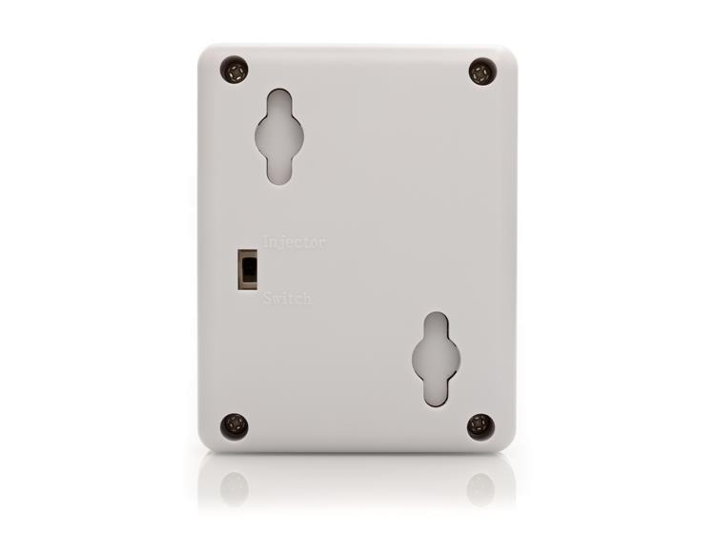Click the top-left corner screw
point(235,71)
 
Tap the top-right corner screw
point(483,72)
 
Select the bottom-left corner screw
point(235,425)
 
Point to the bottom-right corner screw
point(481,426)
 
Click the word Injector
point(295,241)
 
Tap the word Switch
point(287,299)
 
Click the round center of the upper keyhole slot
point(279,136)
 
